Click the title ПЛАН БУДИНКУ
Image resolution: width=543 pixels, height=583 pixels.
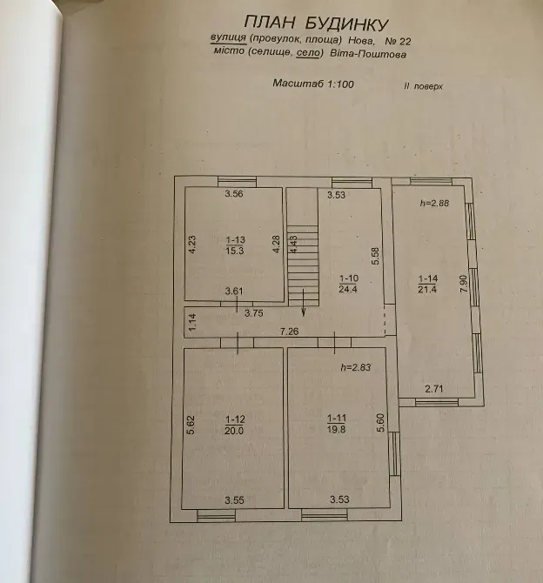(x=316, y=23)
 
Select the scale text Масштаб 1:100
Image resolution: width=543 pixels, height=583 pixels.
(x=313, y=84)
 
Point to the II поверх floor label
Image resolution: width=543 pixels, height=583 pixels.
(x=424, y=86)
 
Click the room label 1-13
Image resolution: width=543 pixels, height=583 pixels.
(x=236, y=240)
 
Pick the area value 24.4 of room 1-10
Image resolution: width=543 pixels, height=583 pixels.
(x=348, y=289)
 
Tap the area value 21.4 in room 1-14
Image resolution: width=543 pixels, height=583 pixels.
(x=427, y=289)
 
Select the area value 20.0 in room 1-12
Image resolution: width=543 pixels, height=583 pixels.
(x=234, y=431)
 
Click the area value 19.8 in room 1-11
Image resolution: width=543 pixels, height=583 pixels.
(x=336, y=429)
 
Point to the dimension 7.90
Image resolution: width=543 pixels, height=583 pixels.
(x=464, y=284)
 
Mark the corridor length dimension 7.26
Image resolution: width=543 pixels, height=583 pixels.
(x=290, y=331)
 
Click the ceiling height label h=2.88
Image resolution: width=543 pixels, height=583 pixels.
(x=434, y=203)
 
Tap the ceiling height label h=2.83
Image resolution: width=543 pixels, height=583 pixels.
(x=356, y=367)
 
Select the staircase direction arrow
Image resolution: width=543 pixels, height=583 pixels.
(x=304, y=303)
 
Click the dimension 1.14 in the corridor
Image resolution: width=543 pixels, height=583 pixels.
(x=192, y=323)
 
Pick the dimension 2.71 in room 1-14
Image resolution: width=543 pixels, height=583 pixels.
(x=434, y=389)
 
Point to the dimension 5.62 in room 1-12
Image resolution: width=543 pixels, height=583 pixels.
(x=190, y=425)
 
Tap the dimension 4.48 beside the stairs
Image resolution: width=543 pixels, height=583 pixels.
(x=293, y=244)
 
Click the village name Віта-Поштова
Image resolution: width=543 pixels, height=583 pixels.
(x=368, y=54)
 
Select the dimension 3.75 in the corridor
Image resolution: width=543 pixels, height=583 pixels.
(x=253, y=313)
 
